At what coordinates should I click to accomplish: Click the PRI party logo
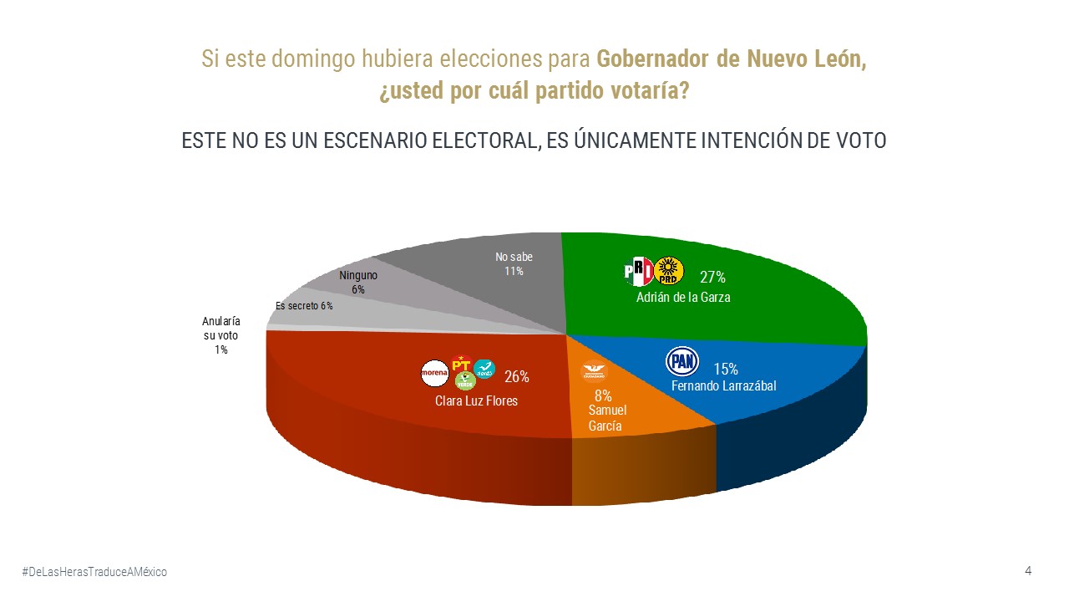[x=639, y=271]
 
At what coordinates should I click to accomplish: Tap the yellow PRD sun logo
[x=668, y=270]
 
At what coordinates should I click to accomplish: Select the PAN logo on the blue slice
[x=681, y=361]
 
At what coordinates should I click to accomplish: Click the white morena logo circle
[x=434, y=373]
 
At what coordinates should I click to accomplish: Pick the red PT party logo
[x=460, y=364]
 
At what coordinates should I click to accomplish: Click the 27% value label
[x=712, y=278]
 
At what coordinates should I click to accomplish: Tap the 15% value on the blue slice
[x=726, y=369]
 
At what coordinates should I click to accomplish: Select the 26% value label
[x=517, y=377]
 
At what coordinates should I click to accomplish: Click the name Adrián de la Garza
[x=683, y=297]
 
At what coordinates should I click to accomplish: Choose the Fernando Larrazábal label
[x=724, y=386]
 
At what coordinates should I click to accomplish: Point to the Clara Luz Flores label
[x=476, y=401]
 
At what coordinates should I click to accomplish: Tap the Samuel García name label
[x=607, y=417]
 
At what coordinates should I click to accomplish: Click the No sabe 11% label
[x=514, y=264]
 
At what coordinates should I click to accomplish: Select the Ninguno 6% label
[x=358, y=282]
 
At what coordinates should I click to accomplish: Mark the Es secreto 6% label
[x=304, y=306]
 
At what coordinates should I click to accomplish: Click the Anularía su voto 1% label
[x=221, y=335]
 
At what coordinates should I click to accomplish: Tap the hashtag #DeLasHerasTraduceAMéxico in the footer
[x=94, y=571]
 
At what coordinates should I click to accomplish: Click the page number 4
[x=1028, y=570]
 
